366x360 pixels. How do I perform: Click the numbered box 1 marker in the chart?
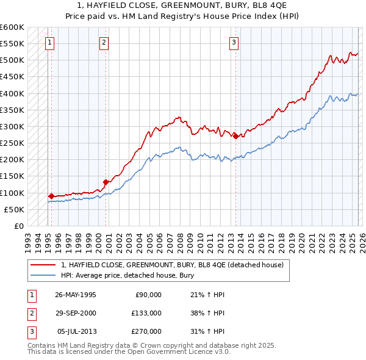pyautogui.click(x=49, y=42)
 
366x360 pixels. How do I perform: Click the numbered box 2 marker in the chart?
pyautogui.click(x=104, y=42)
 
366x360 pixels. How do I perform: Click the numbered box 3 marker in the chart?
pyautogui.click(x=234, y=42)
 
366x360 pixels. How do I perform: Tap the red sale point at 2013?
pyautogui.click(x=235, y=137)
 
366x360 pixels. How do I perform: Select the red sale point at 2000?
pyautogui.click(x=106, y=182)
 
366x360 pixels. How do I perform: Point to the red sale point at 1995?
pyautogui.click(x=51, y=196)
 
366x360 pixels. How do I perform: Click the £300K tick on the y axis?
pyautogui.click(x=12, y=126)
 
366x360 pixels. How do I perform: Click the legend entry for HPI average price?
pyautogui.click(x=126, y=275)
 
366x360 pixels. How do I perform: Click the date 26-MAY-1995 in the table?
pyautogui.click(x=76, y=295)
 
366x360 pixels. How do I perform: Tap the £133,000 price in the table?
pyautogui.click(x=146, y=313)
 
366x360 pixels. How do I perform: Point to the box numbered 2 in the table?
pyautogui.click(x=31, y=313)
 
